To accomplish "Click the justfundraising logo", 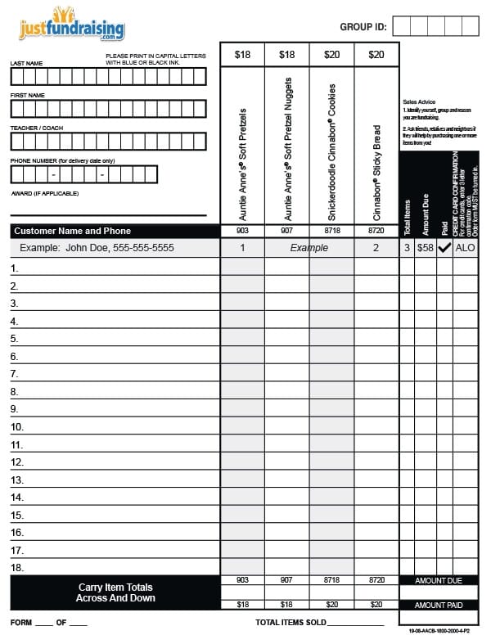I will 72,26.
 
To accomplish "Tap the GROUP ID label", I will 363,27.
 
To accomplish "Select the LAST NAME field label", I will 26,63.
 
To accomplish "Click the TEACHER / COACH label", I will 36,128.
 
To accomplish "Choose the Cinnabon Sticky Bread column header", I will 376,172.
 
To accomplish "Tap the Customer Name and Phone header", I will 72,231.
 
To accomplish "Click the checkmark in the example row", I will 445,247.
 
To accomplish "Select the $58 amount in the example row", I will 426,247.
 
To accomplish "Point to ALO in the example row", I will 466,247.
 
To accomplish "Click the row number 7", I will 14,374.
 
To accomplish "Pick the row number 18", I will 16,567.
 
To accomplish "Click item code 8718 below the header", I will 331,231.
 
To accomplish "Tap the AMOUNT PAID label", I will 439,605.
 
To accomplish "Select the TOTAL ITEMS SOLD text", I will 291,623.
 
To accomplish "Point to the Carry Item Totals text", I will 115,587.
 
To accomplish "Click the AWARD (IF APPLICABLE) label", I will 45,193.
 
